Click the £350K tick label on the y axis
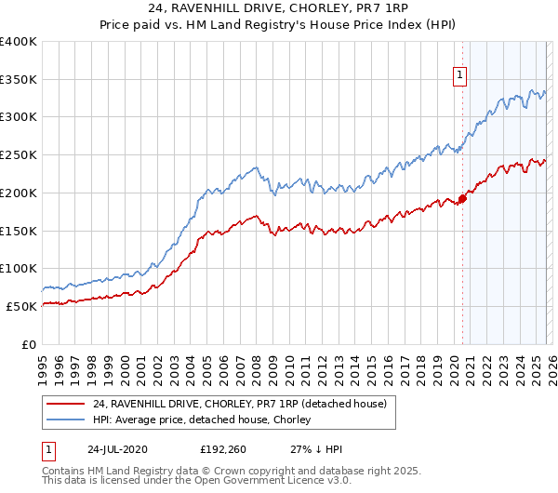(19, 80)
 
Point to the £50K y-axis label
(21, 306)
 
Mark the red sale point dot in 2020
(462, 198)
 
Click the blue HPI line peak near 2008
(253, 168)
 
